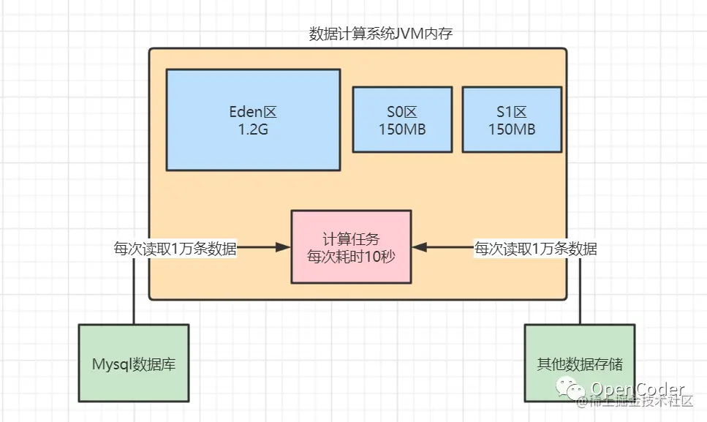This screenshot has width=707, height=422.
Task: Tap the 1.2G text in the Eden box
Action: coord(253,129)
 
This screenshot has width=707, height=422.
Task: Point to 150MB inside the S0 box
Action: coord(402,129)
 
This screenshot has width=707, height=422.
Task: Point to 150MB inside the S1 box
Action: coord(512,129)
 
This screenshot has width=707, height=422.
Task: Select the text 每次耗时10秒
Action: coord(351,257)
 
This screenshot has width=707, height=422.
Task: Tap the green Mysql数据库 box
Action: coord(134,363)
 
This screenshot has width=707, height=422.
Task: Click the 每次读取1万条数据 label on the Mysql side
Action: coord(175,249)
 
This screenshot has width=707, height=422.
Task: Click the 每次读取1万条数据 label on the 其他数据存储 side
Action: coord(535,249)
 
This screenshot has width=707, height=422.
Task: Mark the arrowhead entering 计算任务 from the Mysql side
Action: coord(284,249)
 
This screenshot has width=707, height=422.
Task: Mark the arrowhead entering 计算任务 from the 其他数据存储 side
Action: coord(419,249)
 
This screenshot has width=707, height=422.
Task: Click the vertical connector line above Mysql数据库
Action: coord(134,293)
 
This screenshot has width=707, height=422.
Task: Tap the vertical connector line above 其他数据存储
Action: coord(580,293)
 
